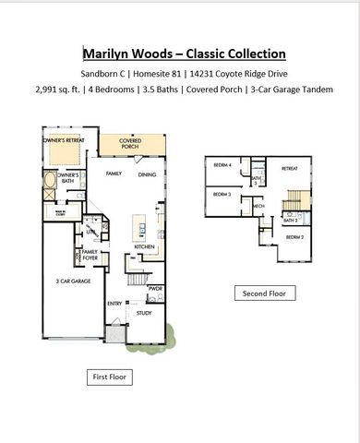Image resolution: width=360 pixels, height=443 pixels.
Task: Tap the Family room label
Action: click(x=114, y=174)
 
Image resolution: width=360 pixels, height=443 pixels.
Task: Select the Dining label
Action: click(x=147, y=174)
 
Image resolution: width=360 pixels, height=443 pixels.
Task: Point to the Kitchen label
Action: click(x=145, y=246)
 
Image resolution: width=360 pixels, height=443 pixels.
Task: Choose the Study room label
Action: click(x=144, y=313)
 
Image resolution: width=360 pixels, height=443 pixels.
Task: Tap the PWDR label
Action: click(x=155, y=289)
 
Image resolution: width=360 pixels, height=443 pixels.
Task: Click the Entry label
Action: click(x=114, y=303)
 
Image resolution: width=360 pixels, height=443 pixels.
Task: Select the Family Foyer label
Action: click(x=90, y=255)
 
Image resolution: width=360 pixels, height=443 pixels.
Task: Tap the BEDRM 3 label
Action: click(x=222, y=195)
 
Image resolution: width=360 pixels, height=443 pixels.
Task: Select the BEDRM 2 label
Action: click(x=293, y=237)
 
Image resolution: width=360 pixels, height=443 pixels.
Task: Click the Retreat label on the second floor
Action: click(x=289, y=169)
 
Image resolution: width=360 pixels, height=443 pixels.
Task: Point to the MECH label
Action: click(x=259, y=206)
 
